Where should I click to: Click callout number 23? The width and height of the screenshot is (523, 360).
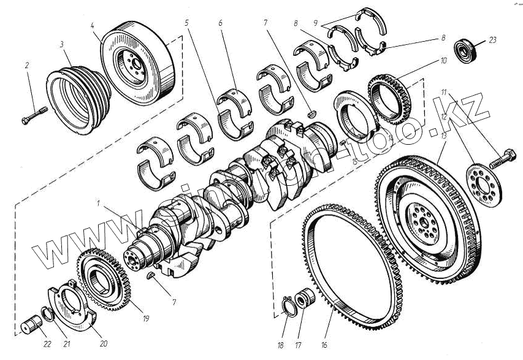point(492,40)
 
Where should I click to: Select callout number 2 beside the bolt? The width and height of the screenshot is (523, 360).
point(26,64)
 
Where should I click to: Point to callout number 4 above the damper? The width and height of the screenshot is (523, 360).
point(92,26)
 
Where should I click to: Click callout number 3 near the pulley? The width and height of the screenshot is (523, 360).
point(62,45)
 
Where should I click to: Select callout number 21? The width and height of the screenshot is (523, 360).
point(67,344)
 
